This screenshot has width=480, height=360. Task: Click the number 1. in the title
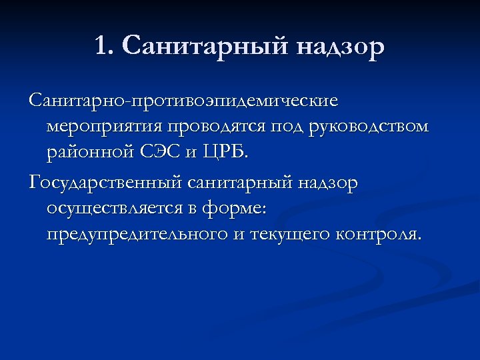click(x=105, y=47)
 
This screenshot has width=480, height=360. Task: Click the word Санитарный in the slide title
click(x=203, y=47)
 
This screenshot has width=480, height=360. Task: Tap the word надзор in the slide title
click(x=339, y=47)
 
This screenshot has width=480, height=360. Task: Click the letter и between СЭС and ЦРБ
click(x=190, y=153)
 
